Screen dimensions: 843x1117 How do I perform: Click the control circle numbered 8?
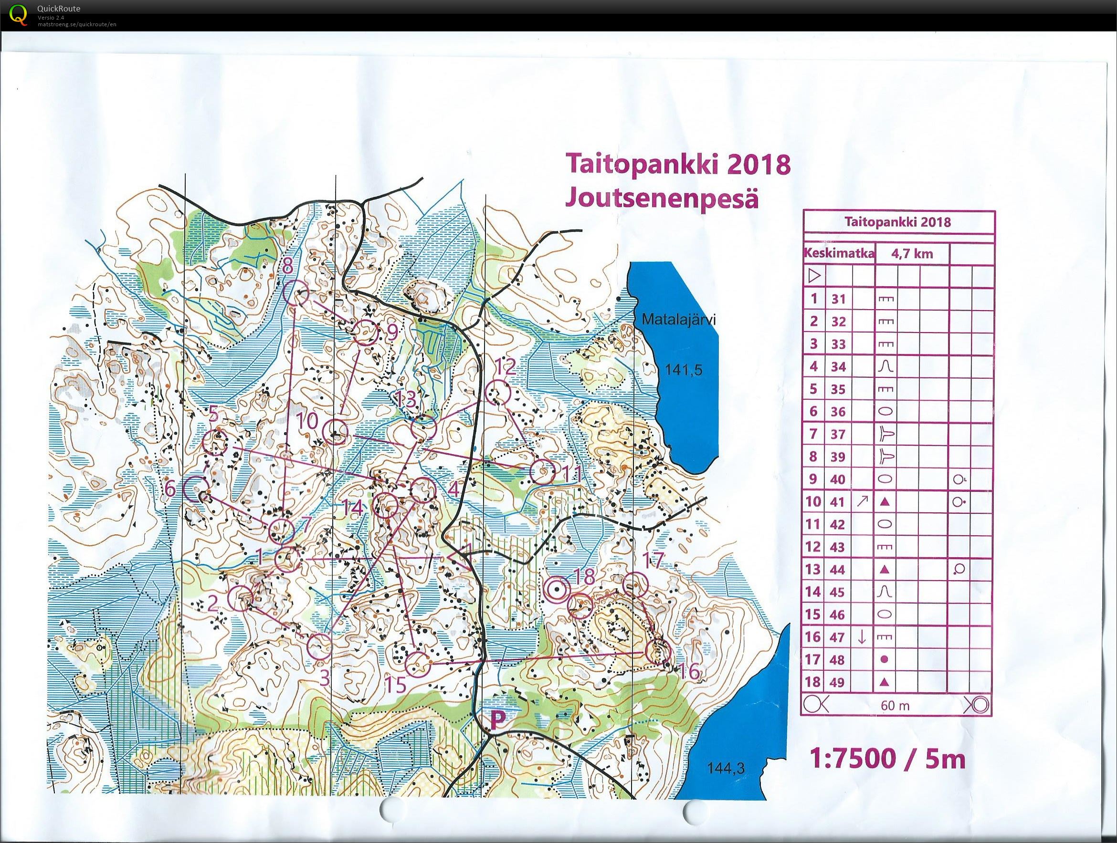click(x=296, y=293)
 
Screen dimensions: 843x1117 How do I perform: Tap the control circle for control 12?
click(x=499, y=392)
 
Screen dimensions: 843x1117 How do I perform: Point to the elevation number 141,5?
click(x=684, y=370)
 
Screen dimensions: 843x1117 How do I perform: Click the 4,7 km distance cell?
click(x=912, y=253)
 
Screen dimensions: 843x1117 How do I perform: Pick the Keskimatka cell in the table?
click(x=839, y=253)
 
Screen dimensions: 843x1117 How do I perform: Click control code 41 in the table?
click(x=838, y=502)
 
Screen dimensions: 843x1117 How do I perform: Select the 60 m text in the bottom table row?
click(x=895, y=705)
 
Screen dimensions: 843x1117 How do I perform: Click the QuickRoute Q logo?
click(x=19, y=14)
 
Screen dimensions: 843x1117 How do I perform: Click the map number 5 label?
click(x=213, y=415)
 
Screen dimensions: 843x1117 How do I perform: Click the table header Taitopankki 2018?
click(x=897, y=222)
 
